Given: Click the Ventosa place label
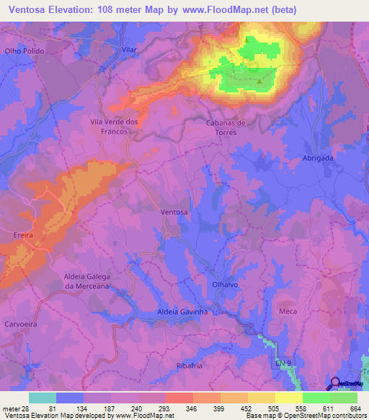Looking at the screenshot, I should [174, 212].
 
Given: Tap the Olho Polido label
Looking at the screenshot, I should [25, 51].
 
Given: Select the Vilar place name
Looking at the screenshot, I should [130, 49].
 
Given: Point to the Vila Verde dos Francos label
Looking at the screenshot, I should [115, 127].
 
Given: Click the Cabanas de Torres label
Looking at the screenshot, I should [226, 127].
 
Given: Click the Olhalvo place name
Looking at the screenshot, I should [226, 285].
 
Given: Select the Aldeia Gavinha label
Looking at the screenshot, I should [182, 312].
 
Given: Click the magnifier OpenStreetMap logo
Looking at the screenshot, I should [336, 384].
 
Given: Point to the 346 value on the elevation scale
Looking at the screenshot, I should [190, 408].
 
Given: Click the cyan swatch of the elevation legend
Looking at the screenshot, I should [43, 398].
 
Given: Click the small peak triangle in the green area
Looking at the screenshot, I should [260, 80].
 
